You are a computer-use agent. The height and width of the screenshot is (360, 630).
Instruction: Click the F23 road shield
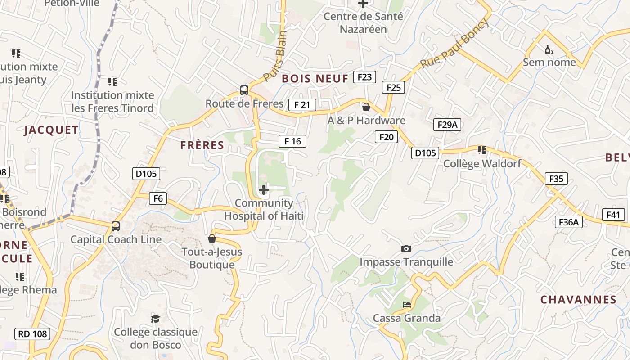point(364,77)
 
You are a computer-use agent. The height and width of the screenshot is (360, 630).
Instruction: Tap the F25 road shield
point(393,87)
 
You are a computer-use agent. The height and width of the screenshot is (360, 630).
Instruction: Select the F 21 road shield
point(302,105)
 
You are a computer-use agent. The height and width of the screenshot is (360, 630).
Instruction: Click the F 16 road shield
point(292,141)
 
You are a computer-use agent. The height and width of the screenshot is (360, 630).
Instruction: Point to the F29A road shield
point(447,125)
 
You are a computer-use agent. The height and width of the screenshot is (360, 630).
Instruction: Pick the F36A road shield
point(569,222)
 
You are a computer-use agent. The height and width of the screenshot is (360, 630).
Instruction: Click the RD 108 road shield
point(32,334)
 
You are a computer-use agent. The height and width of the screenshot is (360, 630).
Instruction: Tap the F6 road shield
point(158,198)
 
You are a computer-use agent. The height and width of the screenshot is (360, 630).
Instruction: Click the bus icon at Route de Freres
point(244,90)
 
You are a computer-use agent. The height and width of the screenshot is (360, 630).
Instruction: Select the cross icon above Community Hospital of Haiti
point(264,190)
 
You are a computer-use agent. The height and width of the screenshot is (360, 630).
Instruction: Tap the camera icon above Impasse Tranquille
point(406,248)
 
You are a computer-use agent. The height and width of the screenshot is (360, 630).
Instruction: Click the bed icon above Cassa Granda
point(407,305)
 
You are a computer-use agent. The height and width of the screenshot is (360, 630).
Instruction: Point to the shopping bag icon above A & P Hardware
point(366,107)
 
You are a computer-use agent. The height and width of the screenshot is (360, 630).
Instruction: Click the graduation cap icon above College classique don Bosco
point(155,319)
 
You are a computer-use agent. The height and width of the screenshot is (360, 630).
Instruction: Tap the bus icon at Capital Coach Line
point(116,226)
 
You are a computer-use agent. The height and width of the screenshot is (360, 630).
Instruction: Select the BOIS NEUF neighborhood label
point(315,79)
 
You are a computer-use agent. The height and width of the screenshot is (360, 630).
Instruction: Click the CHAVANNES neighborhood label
point(578,300)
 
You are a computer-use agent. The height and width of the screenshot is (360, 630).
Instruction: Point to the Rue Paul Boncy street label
point(454,44)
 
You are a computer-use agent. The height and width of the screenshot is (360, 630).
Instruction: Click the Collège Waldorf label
point(482,164)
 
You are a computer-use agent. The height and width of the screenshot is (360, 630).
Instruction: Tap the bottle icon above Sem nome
point(549,49)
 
